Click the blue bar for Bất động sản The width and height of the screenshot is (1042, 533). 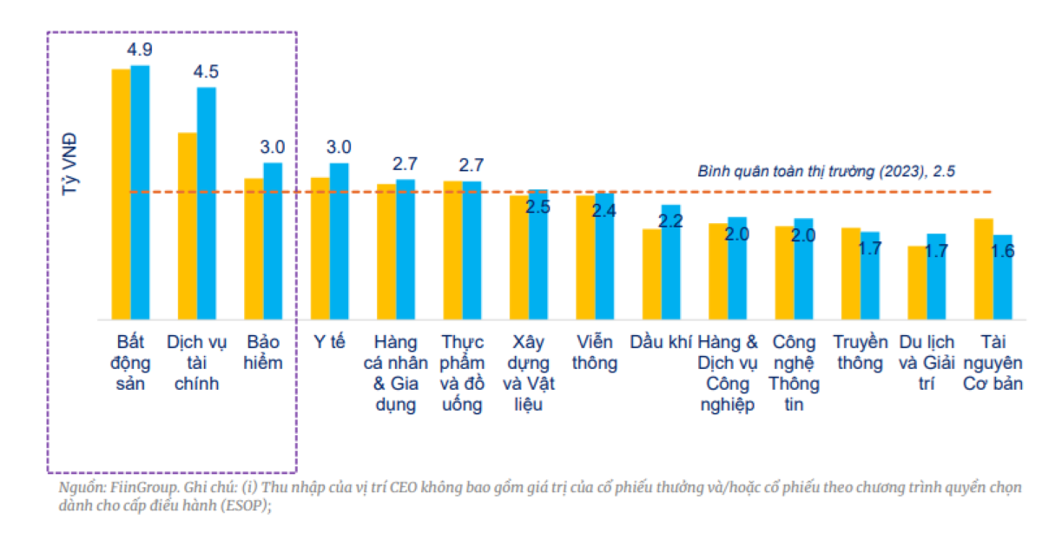pyautogui.click(x=140, y=191)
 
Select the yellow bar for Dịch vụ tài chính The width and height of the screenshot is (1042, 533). pyautogui.click(x=187, y=226)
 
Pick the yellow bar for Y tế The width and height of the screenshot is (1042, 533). pyautogui.click(x=320, y=248)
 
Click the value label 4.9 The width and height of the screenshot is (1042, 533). pyautogui.click(x=140, y=49)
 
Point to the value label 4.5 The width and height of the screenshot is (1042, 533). pyautogui.click(x=206, y=72)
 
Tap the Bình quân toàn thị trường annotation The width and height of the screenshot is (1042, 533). pyautogui.click(x=826, y=171)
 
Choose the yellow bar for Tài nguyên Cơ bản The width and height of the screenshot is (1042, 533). pyautogui.click(x=983, y=268)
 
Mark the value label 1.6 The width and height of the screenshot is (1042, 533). pyautogui.click(x=1002, y=251)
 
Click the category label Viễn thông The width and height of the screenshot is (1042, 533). pyautogui.click(x=595, y=352)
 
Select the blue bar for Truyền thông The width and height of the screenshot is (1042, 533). pyautogui.click(x=869, y=275)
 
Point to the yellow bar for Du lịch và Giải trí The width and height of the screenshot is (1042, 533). pyautogui.click(x=917, y=282)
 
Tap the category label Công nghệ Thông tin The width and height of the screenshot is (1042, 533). pyautogui.click(x=794, y=373)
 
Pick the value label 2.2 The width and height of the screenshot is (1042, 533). pyautogui.click(x=670, y=220)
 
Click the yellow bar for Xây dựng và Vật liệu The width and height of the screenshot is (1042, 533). pyautogui.click(x=518, y=257)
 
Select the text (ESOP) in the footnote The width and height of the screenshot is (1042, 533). pyautogui.click(x=249, y=505)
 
